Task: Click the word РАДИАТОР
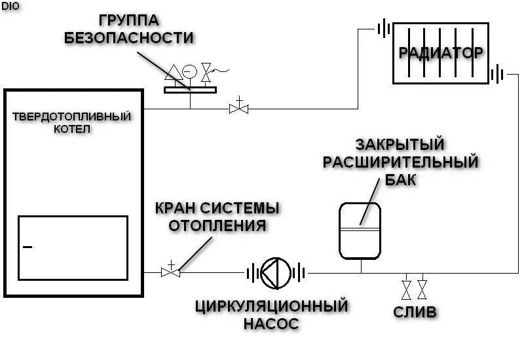(441, 52)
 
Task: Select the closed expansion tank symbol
(360, 230)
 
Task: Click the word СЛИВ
(415, 312)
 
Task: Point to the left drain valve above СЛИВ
(406, 287)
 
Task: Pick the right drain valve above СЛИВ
(422, 287)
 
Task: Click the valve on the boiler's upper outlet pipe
(238, 108)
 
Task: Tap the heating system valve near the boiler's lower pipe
(170, 272)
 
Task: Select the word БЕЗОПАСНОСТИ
(130, 37)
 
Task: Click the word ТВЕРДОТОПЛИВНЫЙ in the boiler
(72, 117)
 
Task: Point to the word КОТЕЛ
(72, 129)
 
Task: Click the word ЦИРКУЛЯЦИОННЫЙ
(271, 305)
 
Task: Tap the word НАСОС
(271, 323)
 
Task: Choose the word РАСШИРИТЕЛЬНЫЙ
(400, 162)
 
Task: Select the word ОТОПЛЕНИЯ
(217, 226)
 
